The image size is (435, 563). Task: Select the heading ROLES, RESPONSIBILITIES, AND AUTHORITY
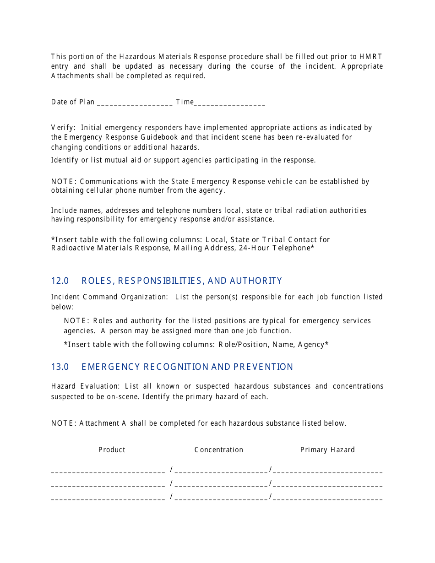pos(182,281)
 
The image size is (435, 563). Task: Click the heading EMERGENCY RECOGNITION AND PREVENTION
pos(187,367)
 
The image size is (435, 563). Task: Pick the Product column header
pos(112,449)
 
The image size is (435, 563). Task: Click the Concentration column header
pos(219,449)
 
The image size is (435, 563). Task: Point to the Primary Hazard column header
pos(327,449)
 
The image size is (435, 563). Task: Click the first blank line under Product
pos(108,471)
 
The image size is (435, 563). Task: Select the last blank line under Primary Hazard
pos(327,499)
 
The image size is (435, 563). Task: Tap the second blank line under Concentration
pos(221,485)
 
